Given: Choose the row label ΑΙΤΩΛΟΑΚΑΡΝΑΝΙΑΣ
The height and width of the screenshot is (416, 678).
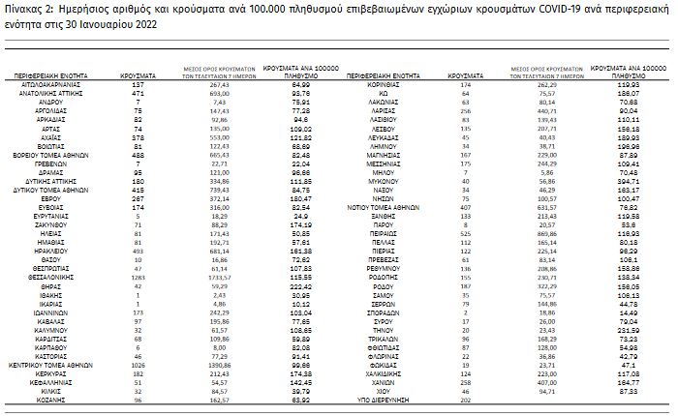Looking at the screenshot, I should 51,84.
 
